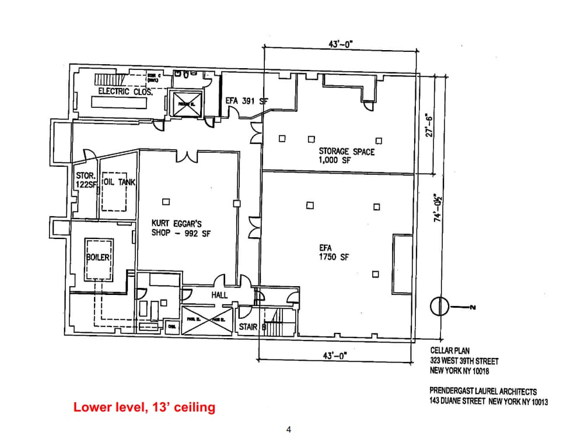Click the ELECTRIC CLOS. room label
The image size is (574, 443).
tap(125, 92)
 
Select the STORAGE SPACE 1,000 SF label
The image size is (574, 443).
tap(346, 156)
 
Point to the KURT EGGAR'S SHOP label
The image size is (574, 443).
tap(180, 228)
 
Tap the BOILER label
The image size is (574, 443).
tap(98, 257)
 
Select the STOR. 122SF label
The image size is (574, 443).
tap(86, 180)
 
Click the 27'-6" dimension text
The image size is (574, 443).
tap(429, 125)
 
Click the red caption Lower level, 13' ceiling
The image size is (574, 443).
tap(144, 407)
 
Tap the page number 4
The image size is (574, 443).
tap(288, 430)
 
